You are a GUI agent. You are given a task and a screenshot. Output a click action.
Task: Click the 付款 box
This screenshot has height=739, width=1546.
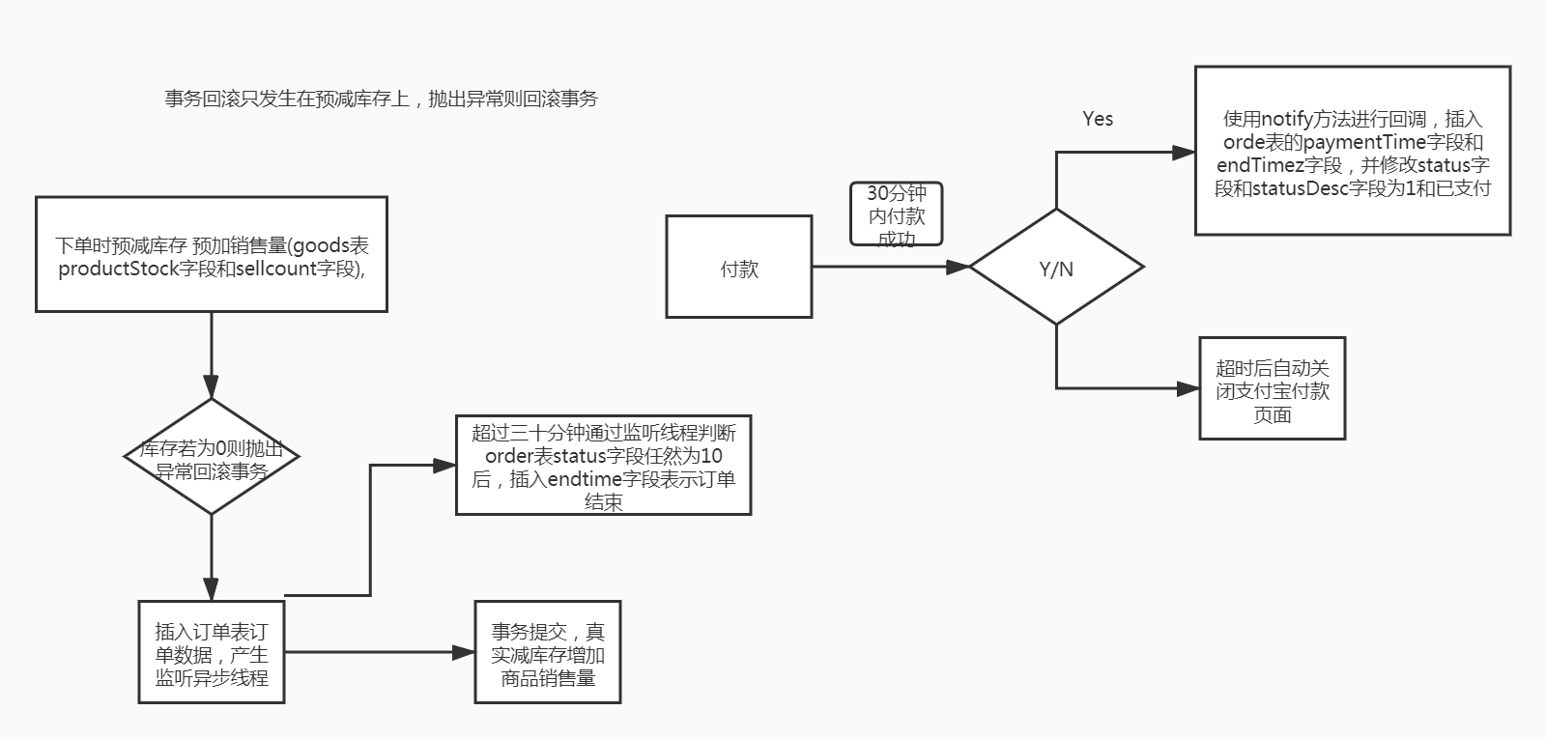(x=738, y=267)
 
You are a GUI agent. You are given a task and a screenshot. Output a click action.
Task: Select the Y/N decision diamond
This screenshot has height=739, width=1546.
(x=1056, y=267)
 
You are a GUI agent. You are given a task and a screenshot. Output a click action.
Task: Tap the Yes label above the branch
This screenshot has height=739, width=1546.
(x=1098, y=119)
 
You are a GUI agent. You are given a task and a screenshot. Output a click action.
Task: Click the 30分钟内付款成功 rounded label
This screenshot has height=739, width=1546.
(x=896, y=214)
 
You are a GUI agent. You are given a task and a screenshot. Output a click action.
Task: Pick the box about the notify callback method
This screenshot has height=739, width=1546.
(x=1352, y=151)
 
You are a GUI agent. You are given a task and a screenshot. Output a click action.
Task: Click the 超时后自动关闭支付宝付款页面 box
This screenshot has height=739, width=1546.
(x=1272, y=388)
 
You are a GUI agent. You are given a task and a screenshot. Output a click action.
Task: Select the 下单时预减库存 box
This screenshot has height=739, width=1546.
(x=211, y=254)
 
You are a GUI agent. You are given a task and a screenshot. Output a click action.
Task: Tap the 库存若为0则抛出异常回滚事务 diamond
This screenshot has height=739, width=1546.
(x=211, y=456)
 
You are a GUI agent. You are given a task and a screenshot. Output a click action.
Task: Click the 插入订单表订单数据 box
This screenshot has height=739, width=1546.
(x=211, y=652)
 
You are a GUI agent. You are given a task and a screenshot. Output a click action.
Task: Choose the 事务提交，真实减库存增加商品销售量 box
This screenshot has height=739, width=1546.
(x=547, y=652)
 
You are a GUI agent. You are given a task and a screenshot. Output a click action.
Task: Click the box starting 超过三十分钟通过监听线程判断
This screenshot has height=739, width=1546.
(x=603, y=466)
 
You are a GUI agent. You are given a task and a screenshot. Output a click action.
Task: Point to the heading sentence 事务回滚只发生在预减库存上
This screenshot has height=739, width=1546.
(x=381, y=99)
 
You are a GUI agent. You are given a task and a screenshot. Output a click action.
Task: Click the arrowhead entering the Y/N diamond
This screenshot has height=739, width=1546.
(x=959, y=267)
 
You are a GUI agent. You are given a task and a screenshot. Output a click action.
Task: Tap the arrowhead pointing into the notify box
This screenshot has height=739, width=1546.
(x=1184, y=153)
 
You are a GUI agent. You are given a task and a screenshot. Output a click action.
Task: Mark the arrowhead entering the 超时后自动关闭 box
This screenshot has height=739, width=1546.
(x=1188, y=388)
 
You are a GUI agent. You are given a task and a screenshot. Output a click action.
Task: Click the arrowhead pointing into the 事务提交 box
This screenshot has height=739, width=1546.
(x=464, y=652)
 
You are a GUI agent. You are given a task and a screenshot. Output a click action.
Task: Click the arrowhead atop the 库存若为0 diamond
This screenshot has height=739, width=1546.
(x=211, y=386)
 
